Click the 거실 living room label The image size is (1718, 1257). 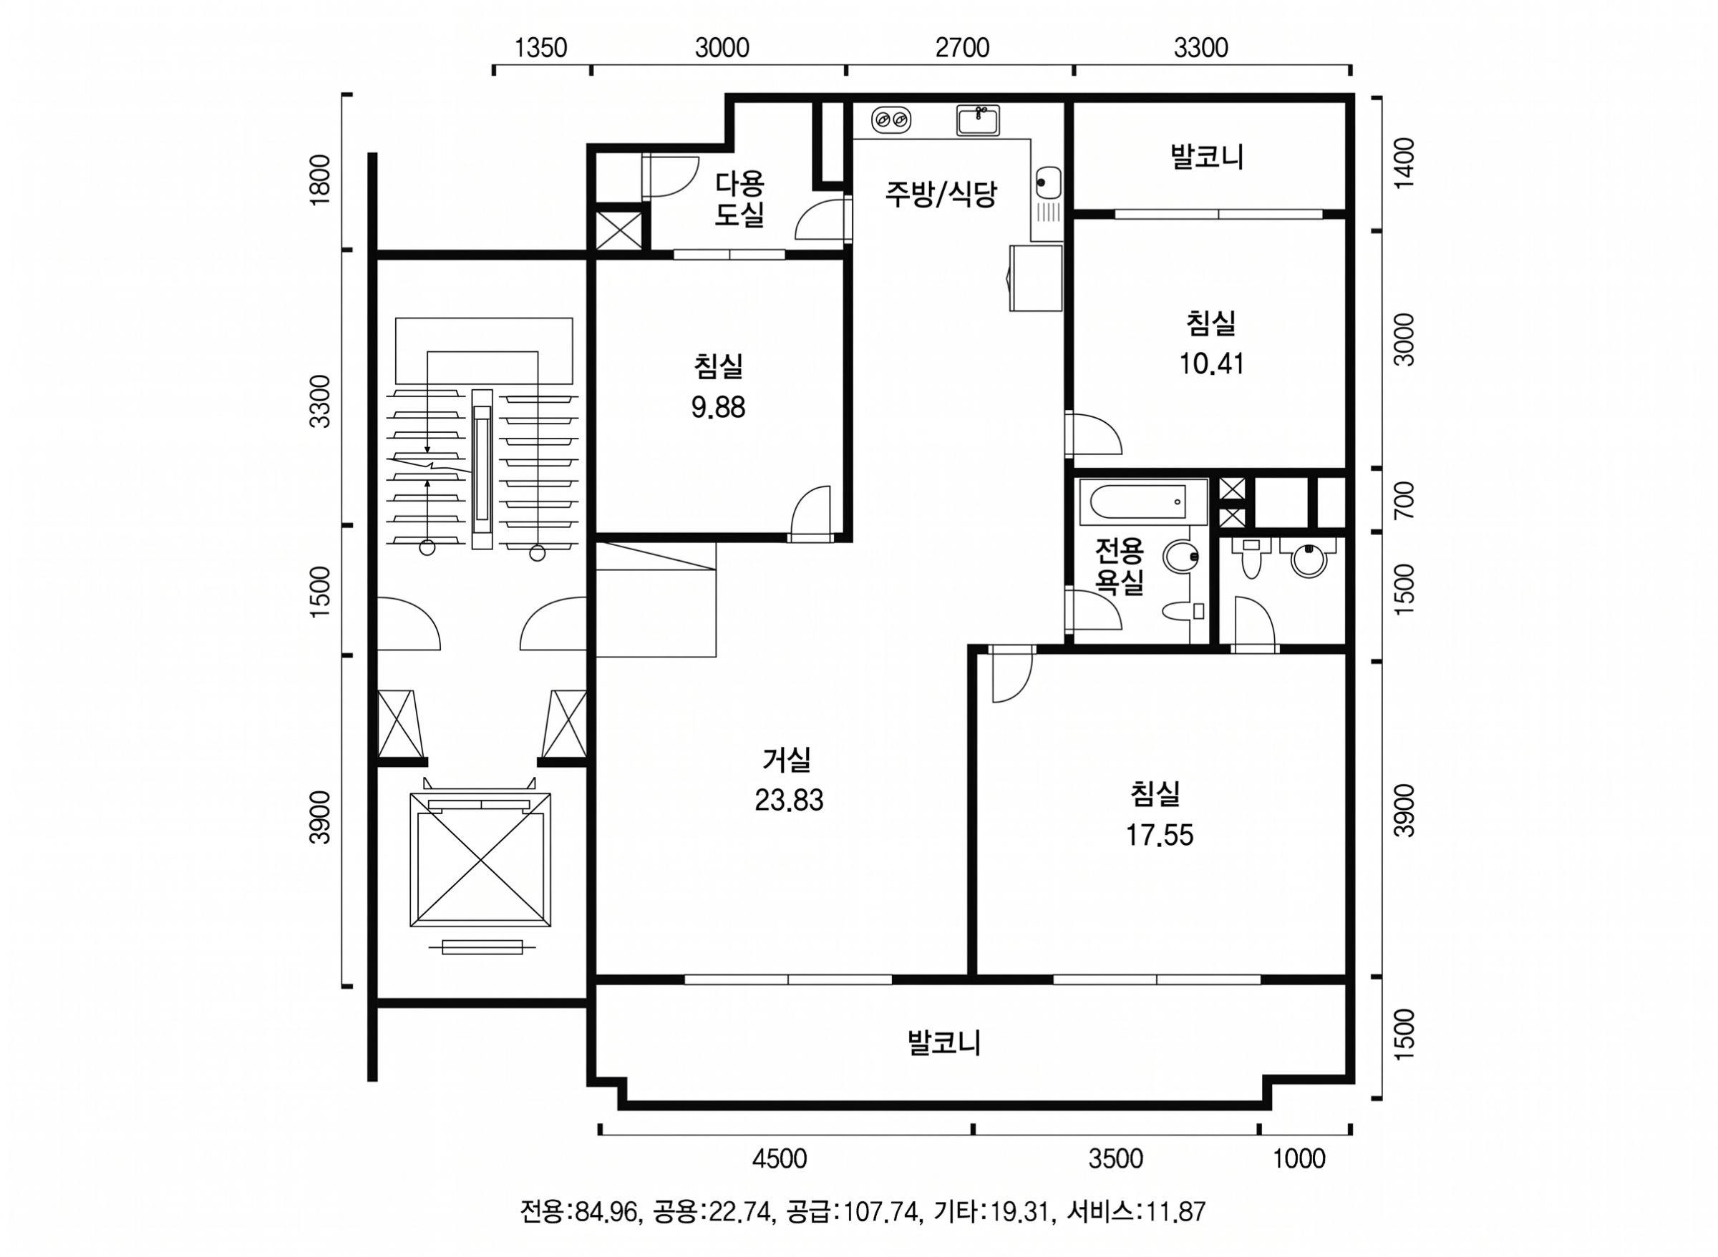[788, 758]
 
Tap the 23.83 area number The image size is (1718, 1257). [789, 801]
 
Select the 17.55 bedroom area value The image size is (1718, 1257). [1159, 836]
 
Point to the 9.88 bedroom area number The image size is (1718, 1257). [718, 408]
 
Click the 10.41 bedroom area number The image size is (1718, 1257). [1212, 363]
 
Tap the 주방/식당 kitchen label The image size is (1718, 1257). [940, 194]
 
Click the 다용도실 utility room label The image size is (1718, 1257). [739, 199]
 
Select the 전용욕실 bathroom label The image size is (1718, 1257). [1119, 566]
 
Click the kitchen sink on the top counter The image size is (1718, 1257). [978, 120]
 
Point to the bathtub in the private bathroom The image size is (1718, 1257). [1143, 502]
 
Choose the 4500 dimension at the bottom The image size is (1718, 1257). [780, 1159]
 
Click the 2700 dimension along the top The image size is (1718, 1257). [962, 48]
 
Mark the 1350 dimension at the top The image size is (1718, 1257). [541, 48]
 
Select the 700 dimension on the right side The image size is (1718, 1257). [1405, 500]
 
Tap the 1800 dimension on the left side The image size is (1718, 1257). [320, 179]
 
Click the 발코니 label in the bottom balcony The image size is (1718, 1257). [944, 1042]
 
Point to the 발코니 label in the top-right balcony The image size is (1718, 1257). [1207, 157]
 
